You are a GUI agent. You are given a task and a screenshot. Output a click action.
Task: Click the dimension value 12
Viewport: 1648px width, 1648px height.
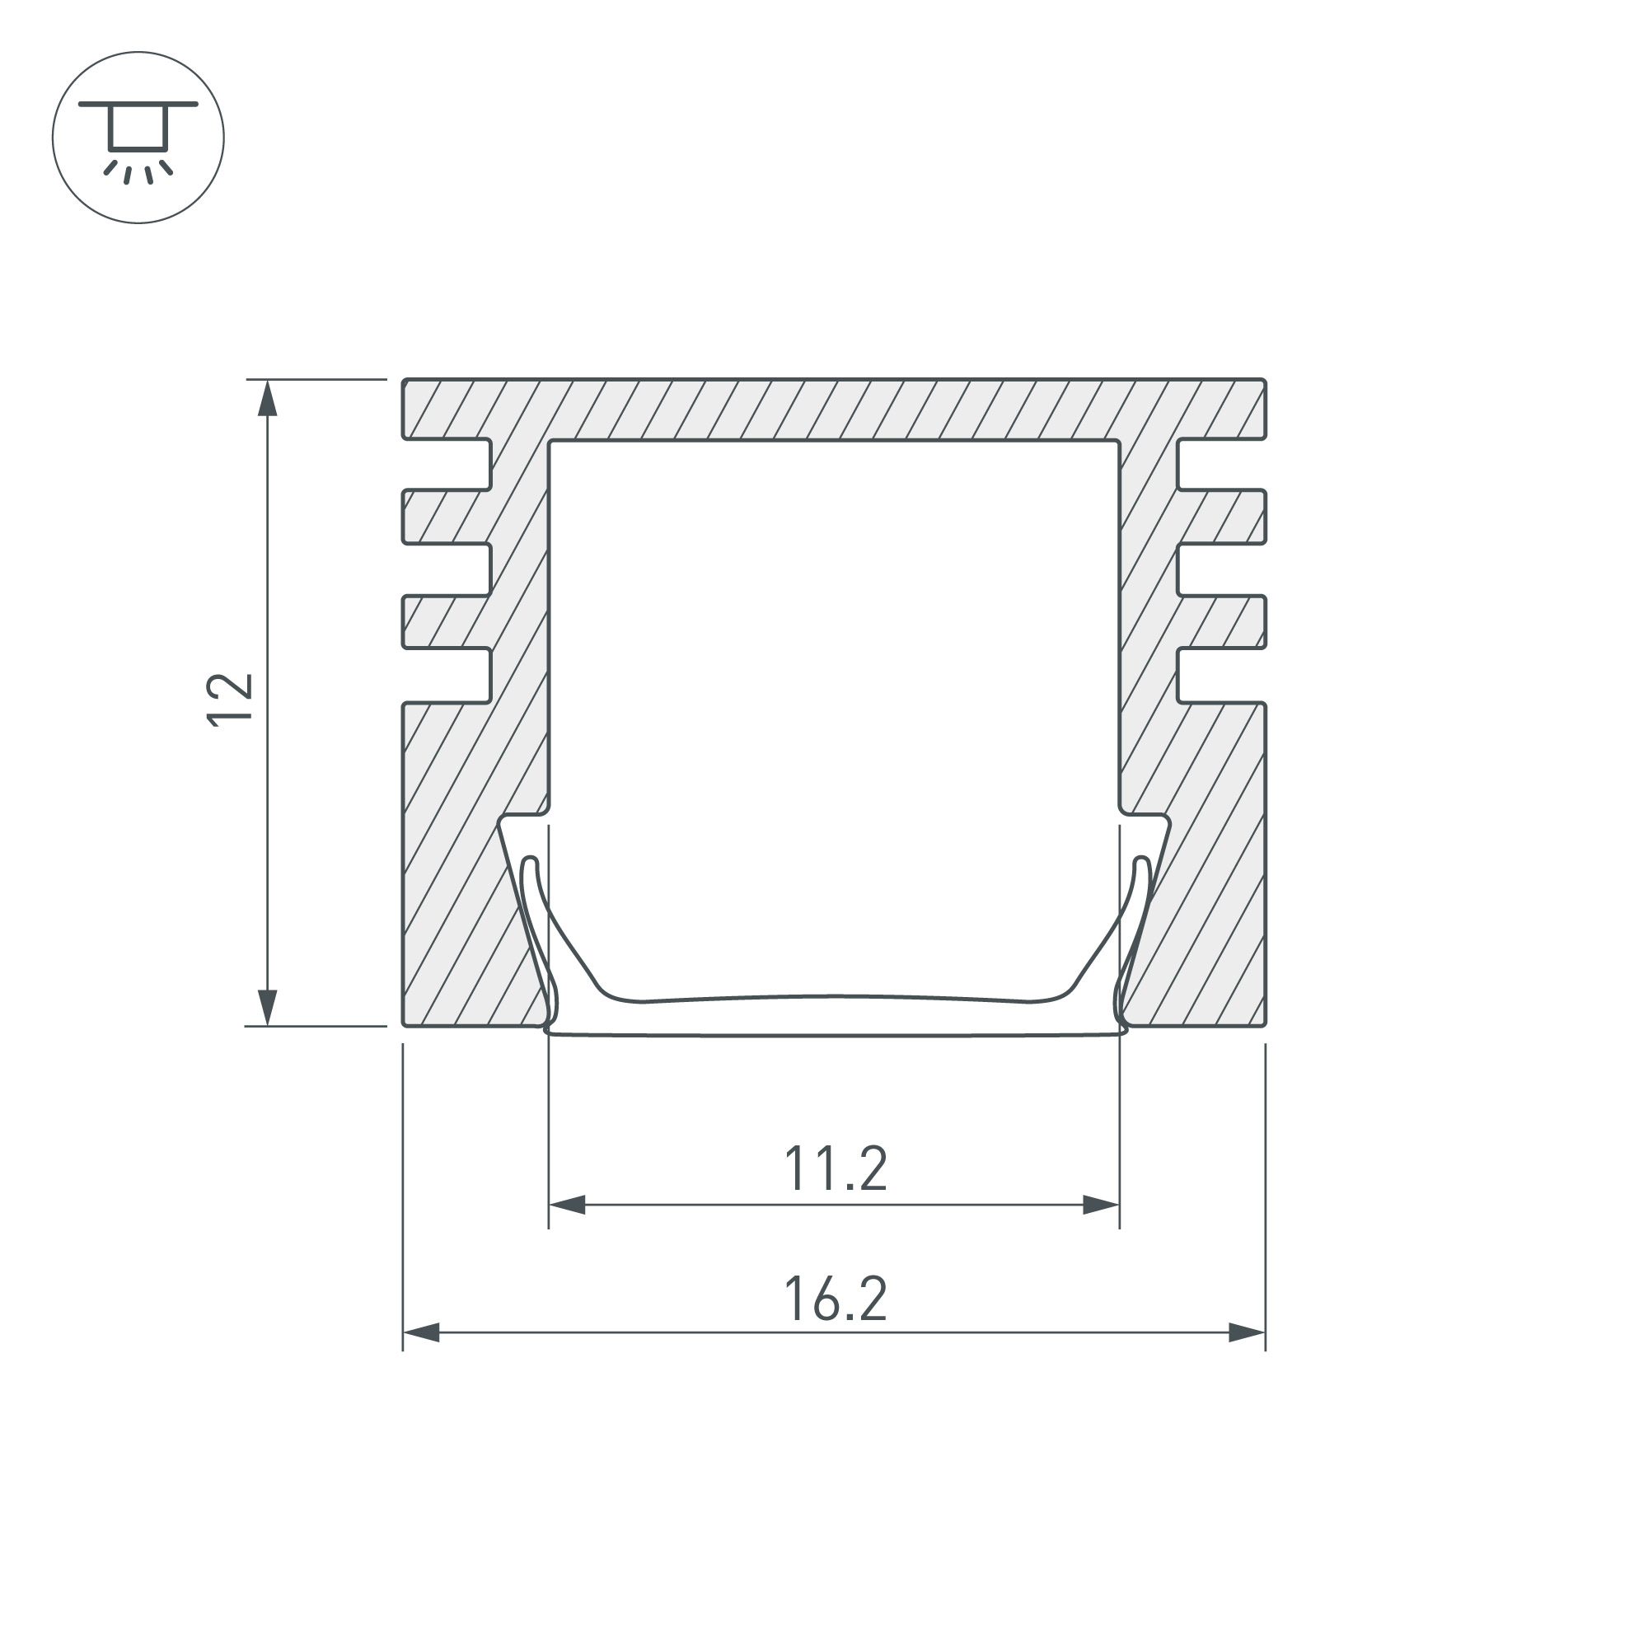click(x=231, y=700)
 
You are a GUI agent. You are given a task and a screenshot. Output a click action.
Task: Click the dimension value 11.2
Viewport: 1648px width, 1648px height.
click(x=836, y=1169)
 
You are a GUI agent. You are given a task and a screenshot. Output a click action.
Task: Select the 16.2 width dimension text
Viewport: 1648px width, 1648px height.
click(x=836, y=1299)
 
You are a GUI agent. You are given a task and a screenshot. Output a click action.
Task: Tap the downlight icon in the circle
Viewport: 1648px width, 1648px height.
click(x=138, y=138)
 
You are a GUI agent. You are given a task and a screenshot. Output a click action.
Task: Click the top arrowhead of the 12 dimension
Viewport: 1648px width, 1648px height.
click(x=268, y=397)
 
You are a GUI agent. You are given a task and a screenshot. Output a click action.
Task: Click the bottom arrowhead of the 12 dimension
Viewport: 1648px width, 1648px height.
click(x=268, y=1008)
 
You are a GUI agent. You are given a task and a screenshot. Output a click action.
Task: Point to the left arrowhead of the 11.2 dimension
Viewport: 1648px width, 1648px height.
click(x=566, y=1206)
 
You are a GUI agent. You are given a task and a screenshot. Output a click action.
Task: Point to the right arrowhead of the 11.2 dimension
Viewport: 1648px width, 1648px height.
click(x=1101, y=1206)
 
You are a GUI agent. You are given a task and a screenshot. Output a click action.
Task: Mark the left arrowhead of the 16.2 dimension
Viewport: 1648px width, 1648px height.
click(x=420, y=1332)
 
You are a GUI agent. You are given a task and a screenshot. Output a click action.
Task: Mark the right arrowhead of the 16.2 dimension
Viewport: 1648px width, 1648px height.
click(x=1247, y=1332)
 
